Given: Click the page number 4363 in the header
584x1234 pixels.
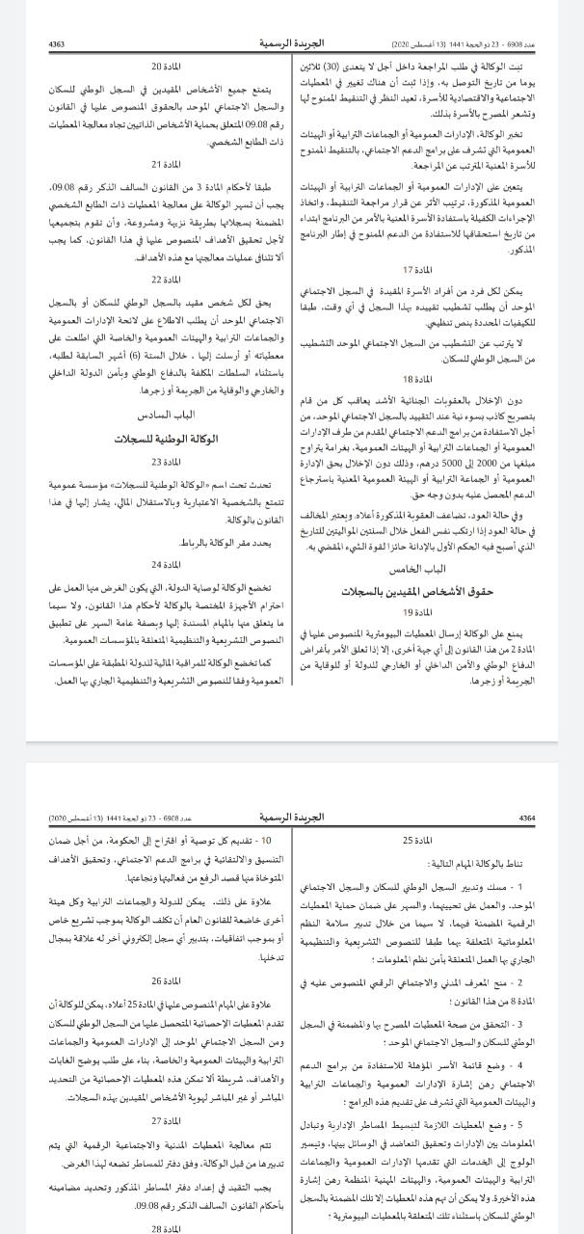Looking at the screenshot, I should tap(57, 44).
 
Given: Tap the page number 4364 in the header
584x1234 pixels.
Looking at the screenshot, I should tap(526, 818).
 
